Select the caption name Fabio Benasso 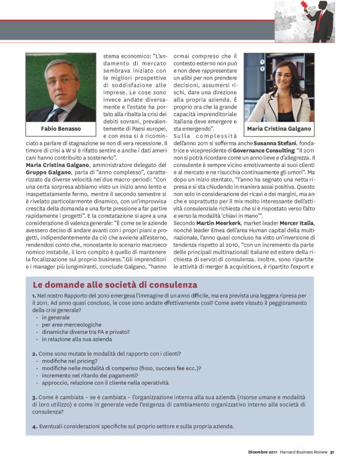coord(61,129)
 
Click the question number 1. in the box coord(34,296)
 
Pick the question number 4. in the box coord(35,426)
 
